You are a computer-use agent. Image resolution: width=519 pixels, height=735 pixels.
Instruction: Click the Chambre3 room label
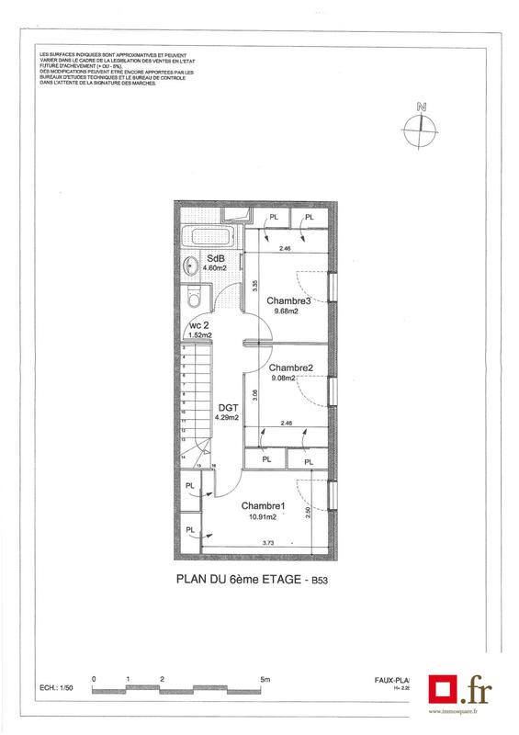[x=288, y=300]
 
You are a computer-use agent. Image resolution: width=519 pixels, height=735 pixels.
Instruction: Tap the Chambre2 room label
[x=291, y=367]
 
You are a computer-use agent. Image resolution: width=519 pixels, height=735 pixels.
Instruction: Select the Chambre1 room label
[x=264, y=506]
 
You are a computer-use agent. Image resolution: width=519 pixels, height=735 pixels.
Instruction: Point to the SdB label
[x=216, y=258]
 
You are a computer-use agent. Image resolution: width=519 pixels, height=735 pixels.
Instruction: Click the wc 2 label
[x=200, y=326]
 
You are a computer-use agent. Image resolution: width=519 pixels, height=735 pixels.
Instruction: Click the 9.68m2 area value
[x=288, y=311]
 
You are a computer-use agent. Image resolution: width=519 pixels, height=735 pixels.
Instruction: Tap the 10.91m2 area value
[x=263, y=516]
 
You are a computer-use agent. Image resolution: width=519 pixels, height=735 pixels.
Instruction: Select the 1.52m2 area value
[x=200, y=336]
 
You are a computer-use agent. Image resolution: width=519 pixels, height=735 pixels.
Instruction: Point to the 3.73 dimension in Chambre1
[x=269, y=544]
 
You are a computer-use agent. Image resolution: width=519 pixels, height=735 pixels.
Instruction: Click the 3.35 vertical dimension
[x=254, y=286]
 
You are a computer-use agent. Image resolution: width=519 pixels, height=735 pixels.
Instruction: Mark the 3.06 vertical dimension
[x=254, y=393]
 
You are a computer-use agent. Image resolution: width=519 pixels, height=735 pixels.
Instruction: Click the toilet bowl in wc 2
[x=192, y=300]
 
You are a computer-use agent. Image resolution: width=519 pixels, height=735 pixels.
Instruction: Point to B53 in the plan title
[x=320, y=581]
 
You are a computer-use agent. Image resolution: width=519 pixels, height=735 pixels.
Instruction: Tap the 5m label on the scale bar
[x=265, y=680]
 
